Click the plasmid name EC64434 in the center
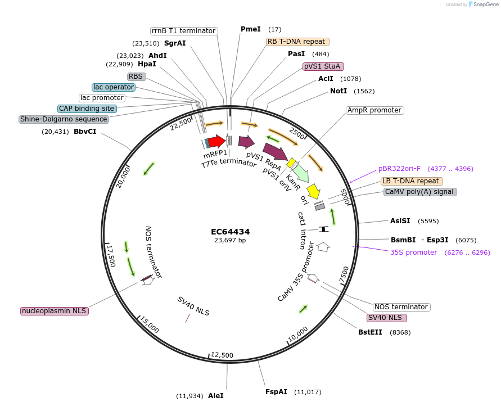tap(230, 232)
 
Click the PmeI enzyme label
tap(250, 29)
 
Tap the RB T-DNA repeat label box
tap(297, 42)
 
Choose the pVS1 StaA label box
tap(323, 66)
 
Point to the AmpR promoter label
tap(374, 110)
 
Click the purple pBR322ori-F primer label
tap(399, 168)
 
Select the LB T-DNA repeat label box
tap(412, 181)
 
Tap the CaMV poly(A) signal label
tap(419, 192)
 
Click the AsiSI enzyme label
tap(400, 221)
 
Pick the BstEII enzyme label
tap(370, 332)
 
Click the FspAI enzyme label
tap(276, 392)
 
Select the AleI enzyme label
tap(215, 396)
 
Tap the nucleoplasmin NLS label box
tap(55, 311)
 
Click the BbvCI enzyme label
tap(85, 132)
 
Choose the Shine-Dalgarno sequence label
tap(64, 119)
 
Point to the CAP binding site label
tap(87, 109)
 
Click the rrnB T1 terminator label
tap(184, 31)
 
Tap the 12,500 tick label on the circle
tap(222, 355)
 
